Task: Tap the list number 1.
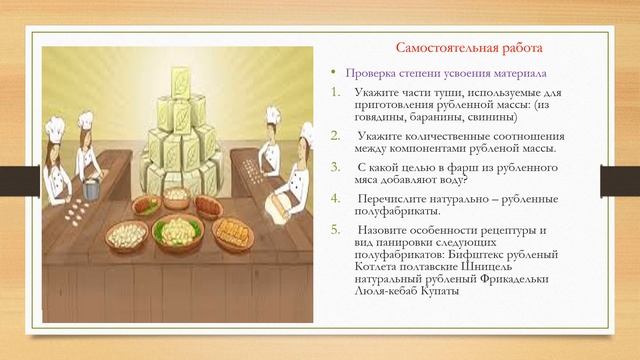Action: pos(336,93)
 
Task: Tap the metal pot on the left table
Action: pos(93,187)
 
